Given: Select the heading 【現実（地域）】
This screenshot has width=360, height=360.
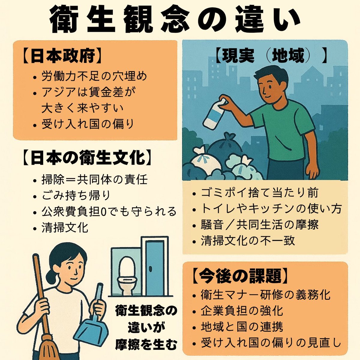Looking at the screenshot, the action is coord(271,56).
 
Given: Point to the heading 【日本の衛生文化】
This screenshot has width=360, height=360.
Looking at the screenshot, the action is coord(87,157).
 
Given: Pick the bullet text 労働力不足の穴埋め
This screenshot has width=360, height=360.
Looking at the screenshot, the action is coord(94,76).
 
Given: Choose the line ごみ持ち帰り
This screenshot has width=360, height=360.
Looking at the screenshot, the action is coord(76,195).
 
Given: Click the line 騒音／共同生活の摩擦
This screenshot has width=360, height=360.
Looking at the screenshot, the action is coord(260,225).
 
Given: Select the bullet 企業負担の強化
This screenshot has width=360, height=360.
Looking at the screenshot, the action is coord(242,311).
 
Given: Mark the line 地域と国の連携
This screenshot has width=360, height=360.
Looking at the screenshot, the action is coord(242,327).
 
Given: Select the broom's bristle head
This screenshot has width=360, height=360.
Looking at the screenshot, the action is coord(50,344).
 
